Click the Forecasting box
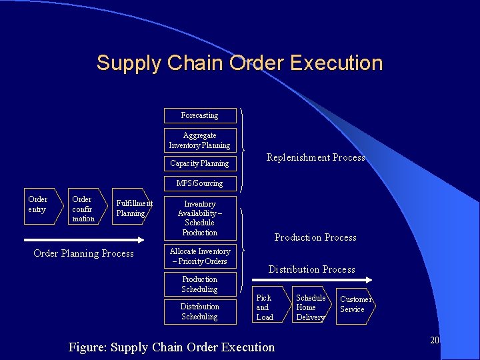tap(200, 115)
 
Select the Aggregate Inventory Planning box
tap(200, 140)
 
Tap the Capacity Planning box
tap(200, 163)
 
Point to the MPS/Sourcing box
tap(200, 183)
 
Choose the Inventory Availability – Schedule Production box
tap(200, 218)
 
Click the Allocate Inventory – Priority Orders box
tap(200, 256)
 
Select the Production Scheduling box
tap(200, 284)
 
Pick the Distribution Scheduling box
tap(200, 311)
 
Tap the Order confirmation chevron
tap(84, 209)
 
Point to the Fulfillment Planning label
tap(133, 209)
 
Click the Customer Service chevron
tap(355, 305)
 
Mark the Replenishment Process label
tap(316, 157)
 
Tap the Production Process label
tap(315, 237)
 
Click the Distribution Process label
tap(311, 269)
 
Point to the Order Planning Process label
tap(83, 253)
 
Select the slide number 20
tap(435, 340)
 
